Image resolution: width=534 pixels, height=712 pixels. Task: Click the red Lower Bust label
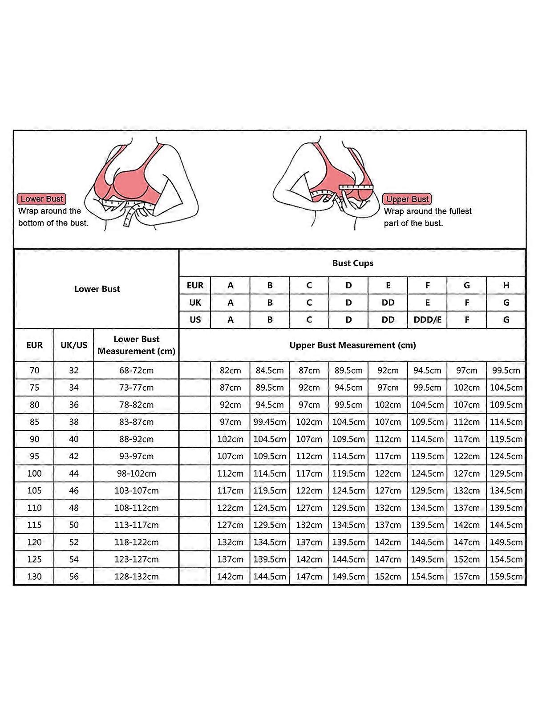click(42, 199)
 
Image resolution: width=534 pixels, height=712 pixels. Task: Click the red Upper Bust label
click(407, 199)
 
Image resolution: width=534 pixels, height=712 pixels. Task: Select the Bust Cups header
click(352, 263)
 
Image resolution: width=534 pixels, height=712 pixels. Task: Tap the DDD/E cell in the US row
click(427, 320)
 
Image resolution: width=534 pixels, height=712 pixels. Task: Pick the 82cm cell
click(230, 370)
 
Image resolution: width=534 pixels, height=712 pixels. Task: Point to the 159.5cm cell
click(506, 576)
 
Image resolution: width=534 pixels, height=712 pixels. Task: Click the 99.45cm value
click(270, 422)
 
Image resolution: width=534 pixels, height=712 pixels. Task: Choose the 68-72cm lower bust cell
click(136, 370)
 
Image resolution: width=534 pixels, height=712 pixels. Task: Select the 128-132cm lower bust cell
click(136, 576)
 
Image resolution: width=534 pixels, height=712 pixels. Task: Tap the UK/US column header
click(74, 345)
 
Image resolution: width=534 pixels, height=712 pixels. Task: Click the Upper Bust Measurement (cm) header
click(352, 345)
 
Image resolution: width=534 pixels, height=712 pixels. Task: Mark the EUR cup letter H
click(506, 285)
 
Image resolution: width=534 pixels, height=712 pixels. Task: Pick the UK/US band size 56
click(74, 576)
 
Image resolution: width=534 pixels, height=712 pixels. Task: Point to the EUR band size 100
click(34, 473)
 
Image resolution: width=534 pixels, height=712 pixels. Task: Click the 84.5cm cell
click(270, 370)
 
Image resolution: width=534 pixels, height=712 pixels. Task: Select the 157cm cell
click(467, 576)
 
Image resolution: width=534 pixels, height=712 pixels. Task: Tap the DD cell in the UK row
click(388, 303)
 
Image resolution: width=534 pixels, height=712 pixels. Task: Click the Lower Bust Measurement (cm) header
click(136, 345)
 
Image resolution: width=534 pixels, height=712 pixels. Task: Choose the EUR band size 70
click(34, 370)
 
